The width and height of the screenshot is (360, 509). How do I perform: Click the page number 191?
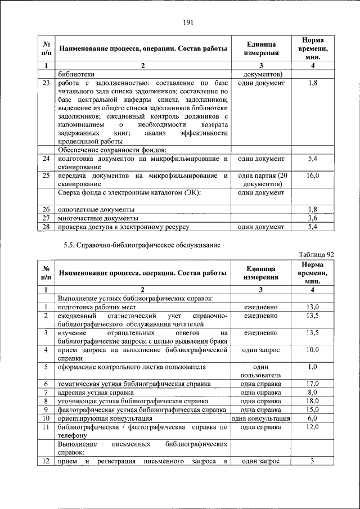click(188, 22)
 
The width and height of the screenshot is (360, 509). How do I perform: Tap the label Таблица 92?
click(316, 254)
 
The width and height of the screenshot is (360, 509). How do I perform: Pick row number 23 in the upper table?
click(46, 83)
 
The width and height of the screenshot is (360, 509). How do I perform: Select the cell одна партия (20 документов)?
click(260, 179)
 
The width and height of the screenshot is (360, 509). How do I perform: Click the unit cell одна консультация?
click(260, 418)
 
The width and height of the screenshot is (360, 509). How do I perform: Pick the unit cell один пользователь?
click(260, 371)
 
